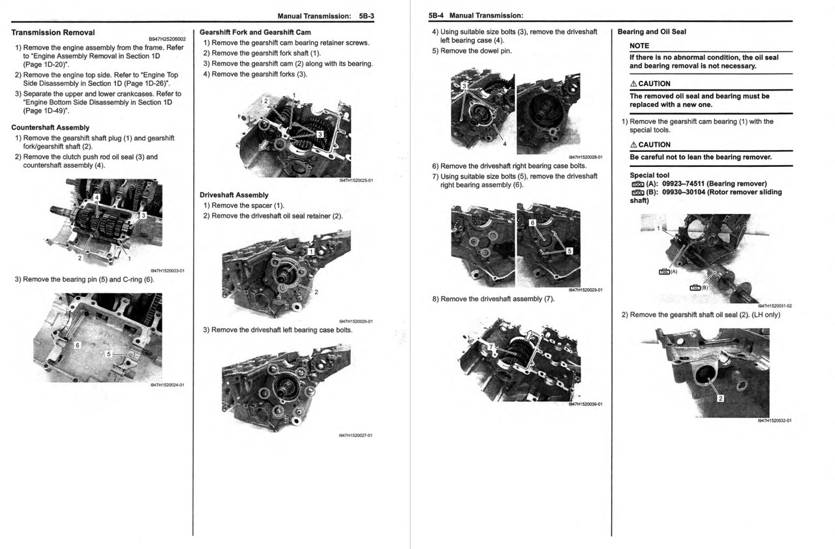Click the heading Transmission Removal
(53, 33)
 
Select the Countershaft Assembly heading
(50, 128)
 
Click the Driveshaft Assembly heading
(234, 195)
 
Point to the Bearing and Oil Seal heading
(652, 31)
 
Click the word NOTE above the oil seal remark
(639, 46)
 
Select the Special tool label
(649, 175)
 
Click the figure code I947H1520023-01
(167, 271)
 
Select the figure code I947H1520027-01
(356, 435)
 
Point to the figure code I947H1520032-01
(774, 421)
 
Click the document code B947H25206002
(167, 39)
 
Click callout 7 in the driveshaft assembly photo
(491, 347)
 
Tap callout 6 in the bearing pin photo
(77, 345)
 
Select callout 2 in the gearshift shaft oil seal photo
(720, 399)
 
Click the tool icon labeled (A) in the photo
(665, 272)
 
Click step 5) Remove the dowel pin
(472, 51)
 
